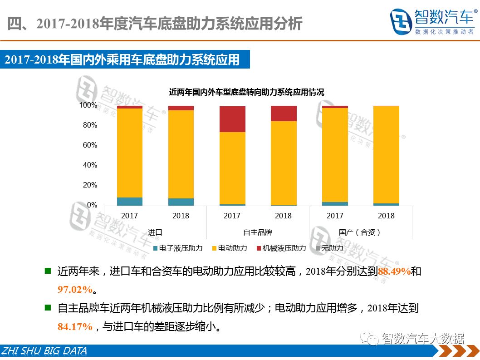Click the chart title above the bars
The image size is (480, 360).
click(x=246, y=92)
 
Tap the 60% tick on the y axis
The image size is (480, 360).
click(x=89, y=145)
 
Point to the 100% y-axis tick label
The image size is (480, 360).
click(x=88, y=105)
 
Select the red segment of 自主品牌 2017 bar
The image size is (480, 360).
click(x=232, y=119)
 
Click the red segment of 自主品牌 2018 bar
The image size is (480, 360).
click(x=284, y=113)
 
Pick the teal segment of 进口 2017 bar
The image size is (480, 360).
click(x=129, y=201)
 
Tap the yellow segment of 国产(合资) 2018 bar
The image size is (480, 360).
click(x=386, y=154)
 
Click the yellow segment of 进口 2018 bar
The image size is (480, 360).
click(x=181, y=154)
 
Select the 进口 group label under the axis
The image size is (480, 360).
click(x=155, y=232)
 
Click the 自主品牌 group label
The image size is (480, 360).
click(x=258, y=232)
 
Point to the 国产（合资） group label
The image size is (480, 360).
click(x=360, y=232)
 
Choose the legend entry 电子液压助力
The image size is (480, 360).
click(x=178, y=248)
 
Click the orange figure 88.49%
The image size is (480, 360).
click(x=394, y=272)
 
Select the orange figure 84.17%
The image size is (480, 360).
click(x=75, y=326)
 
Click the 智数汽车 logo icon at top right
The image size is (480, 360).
click(x=401, y=21)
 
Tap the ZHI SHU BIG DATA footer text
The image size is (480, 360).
click(x=44, y=351)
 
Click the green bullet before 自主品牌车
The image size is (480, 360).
click(x=48, y=308)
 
